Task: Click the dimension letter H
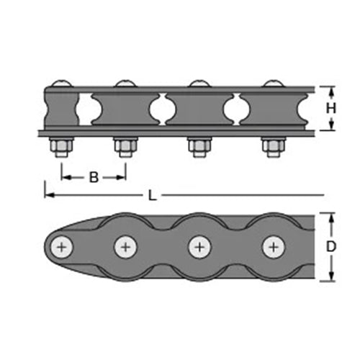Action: coord(331,109)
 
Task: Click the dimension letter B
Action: coord(94,177)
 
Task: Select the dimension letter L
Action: coord(152,196)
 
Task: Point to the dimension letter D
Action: coord(331,246)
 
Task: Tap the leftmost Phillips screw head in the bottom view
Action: coord(62,247)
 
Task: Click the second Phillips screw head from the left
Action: coord(125,247)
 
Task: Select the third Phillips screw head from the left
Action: coord(199,247)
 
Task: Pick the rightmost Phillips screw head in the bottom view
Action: coord(274,247)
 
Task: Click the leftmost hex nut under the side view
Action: coord(62,146)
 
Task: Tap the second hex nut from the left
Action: coord(125,146)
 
